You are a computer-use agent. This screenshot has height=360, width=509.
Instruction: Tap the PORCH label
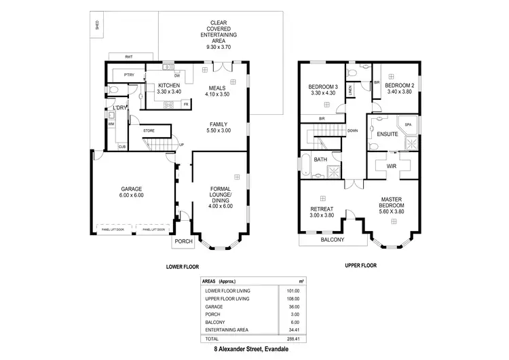(x=183, y=241)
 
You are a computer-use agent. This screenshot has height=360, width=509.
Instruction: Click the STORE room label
(x=149, y=130)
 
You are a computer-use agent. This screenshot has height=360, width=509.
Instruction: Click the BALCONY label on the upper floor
(x=332, y=239)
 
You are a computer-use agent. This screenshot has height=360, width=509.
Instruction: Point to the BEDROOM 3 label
(x=323, y=86)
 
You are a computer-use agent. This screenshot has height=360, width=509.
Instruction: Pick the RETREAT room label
(x=322, y=209)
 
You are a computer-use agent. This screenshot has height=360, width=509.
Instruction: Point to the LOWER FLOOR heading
(x=183, y=267)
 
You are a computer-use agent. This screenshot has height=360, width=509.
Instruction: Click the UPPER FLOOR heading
(x=359, y=266)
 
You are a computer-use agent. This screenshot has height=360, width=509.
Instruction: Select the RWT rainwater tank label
(x=128, y=56)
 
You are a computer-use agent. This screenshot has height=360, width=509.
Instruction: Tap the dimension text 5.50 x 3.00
(x=220, y=130)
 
